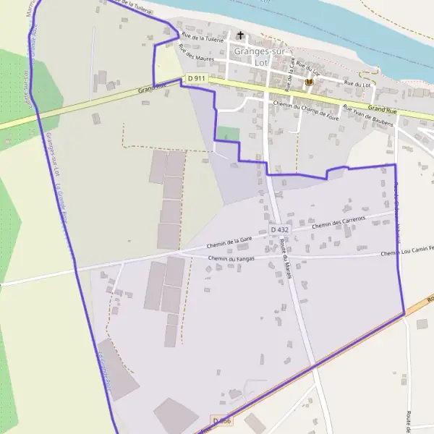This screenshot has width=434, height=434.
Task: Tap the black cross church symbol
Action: pos(240,35)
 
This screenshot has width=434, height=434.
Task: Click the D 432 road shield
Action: pos(280,229)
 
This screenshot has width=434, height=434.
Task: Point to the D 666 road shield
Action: pos(221,420)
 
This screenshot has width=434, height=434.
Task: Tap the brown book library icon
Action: pos(310,82)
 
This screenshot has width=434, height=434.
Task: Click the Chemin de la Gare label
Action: pos(229,242)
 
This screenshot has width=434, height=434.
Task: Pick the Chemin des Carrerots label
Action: pos(339,221)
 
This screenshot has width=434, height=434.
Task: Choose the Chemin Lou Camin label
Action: pos(405,251)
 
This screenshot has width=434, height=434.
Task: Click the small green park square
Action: pos(228,134)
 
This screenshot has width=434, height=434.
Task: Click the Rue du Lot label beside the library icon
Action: pos(357,84)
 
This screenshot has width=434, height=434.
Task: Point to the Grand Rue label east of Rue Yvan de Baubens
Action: pos(383,110)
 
